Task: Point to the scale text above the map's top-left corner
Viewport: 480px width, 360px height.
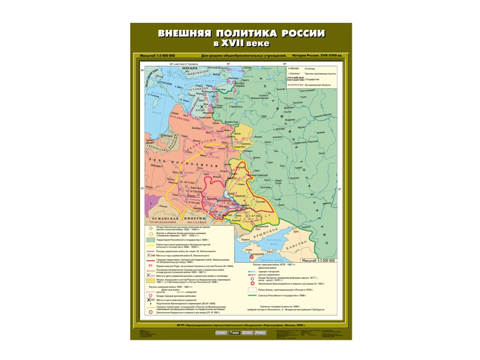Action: point(157,55)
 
